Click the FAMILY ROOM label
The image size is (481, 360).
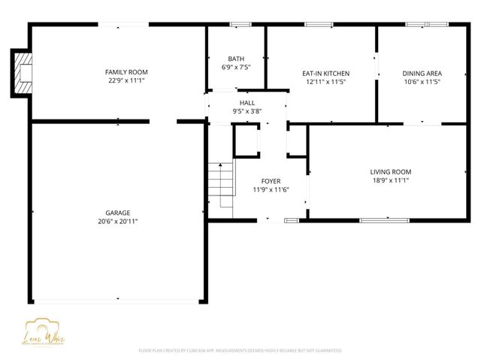click(x=126, y=71)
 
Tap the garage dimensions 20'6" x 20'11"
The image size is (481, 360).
click(x=118, y=221)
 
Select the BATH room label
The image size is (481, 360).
click(x=236, y=59)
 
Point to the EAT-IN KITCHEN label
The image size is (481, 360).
click(x=325, y=73)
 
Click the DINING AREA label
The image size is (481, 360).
click(x=422, y=73)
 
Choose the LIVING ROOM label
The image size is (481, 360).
click(x=390, y=171)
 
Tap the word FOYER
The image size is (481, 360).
click(x=271, y=181)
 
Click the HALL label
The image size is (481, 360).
click(x=247, y=102)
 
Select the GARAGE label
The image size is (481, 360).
click(x=118, y=213)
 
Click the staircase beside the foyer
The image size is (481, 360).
click(x=221, y=184)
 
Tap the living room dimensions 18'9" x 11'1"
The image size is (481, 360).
click(x=390, y=180)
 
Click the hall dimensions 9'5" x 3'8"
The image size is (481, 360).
click(x=247, y=110)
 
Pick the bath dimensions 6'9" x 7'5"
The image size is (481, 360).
click(x=236, y=67)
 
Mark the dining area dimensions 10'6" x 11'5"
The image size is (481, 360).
click(x=422, y=81)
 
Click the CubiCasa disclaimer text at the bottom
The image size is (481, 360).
click(x=240, y=350)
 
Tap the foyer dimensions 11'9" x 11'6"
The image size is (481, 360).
click(x=271, y=189)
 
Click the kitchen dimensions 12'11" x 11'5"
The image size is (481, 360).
click(x=325, y=81)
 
